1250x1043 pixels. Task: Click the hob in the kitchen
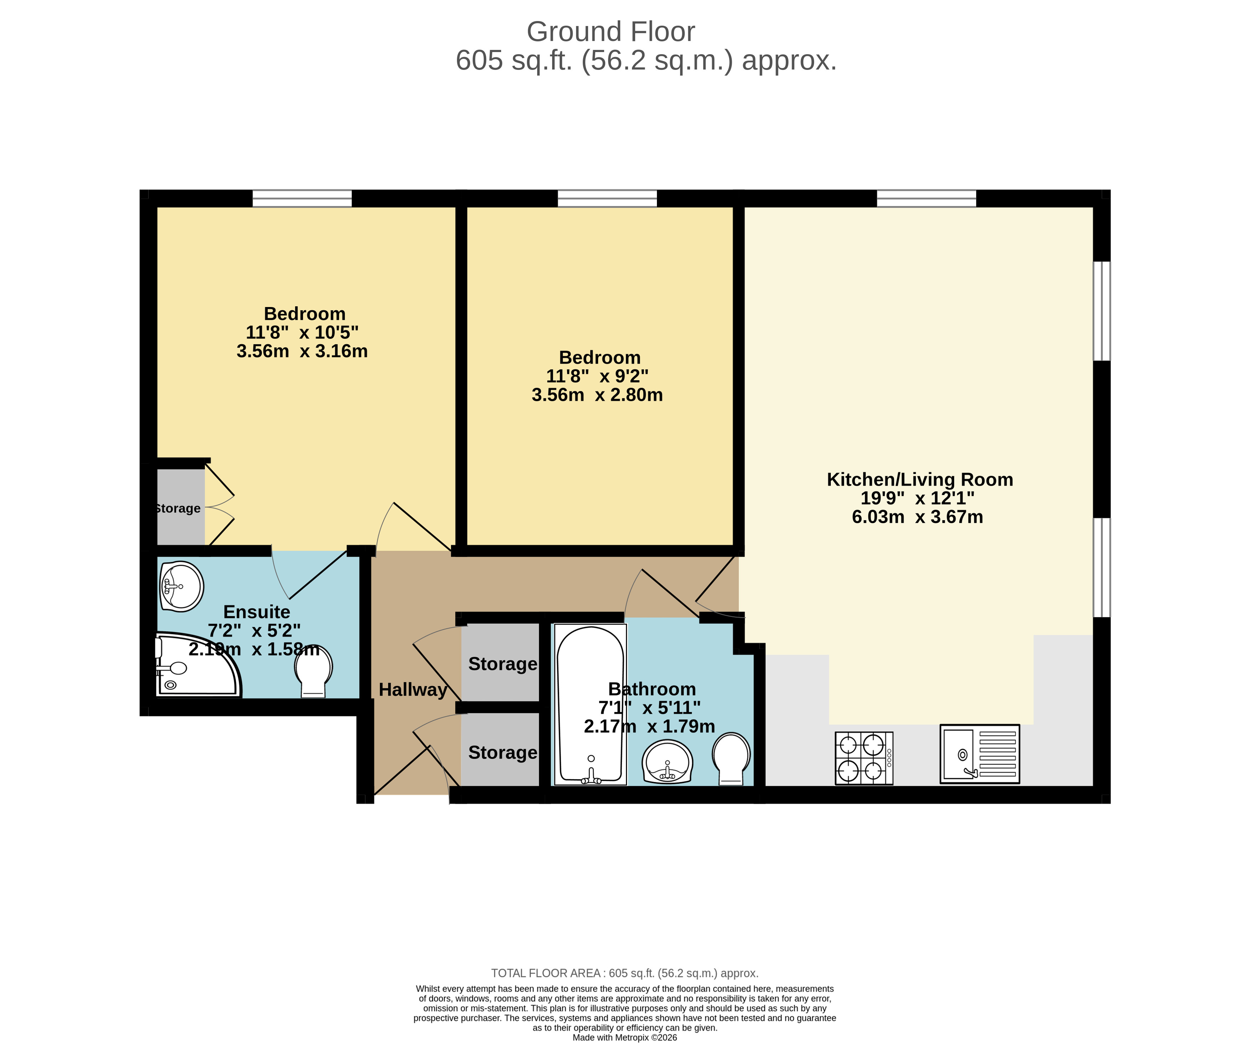pyautogui.click(x=864, y=758)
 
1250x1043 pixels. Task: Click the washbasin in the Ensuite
pyautogui.click(x=181, y=586)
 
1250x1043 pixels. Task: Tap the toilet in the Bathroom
pyautogui.click(x=731, y=758)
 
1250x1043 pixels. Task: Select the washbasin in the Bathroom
pyautogui.click(x=667, y=761)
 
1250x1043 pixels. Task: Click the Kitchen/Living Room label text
pyautogui.click(x=920, y=480)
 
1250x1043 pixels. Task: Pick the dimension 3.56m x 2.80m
pyautogui.click(x=597, y=395)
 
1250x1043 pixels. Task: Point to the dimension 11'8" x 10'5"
pyautogui.click(x=302, y=332)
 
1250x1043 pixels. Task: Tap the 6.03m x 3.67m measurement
pyautogui.click(x=917, y=517)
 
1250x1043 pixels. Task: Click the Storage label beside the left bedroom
pyautogui.click(x=178, y=508)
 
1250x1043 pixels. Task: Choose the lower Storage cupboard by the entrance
pyautogui.click(x=502, y=752)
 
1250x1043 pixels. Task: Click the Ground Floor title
pyautogui.click(x=611, y=32)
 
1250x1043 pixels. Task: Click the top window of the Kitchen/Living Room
pyautogui.click(x=926, y=198)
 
